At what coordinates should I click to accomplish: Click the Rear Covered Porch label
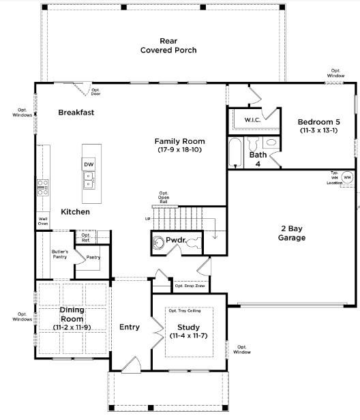point(168,46)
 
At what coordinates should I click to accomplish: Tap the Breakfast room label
point(76,112)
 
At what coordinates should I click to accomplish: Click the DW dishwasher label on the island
point(89,164)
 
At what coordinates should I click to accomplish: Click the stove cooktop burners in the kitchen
point(42,187)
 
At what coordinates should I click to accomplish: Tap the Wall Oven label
point(43,221)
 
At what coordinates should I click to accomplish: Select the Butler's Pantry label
point(60,255)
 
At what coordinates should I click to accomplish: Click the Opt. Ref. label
point(86,237)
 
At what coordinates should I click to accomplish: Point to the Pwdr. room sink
point(160,242)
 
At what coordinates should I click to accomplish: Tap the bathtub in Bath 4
point(234,153)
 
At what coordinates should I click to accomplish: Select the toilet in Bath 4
point(271,143)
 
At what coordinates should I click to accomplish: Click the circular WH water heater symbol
point(347,177)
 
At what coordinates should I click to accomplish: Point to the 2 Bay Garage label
point(291,233)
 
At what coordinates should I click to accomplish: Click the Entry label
point(130,327)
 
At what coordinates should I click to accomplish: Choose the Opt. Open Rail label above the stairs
point(164,197)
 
